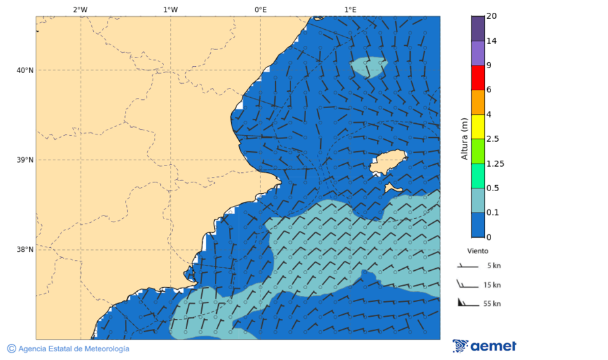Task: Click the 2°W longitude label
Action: tap(80, 9)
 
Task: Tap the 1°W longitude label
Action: tap(170, 9)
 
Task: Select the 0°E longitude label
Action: tap(260, 9)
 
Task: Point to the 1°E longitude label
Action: tap(350, 9)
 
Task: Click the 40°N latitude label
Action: tap(24, 70)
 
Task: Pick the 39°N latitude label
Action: tap(24, 160)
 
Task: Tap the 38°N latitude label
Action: tap(24, 250)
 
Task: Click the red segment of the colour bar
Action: tap(478, 78)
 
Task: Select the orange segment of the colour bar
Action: tap(478, 102)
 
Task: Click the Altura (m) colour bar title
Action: tap(464, 138)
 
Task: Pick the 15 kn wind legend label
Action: tap(492, 285)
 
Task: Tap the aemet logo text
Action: tap(493, 346)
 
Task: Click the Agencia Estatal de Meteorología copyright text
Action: tap(73, 349)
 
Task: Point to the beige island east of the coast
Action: tap(388, 163)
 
